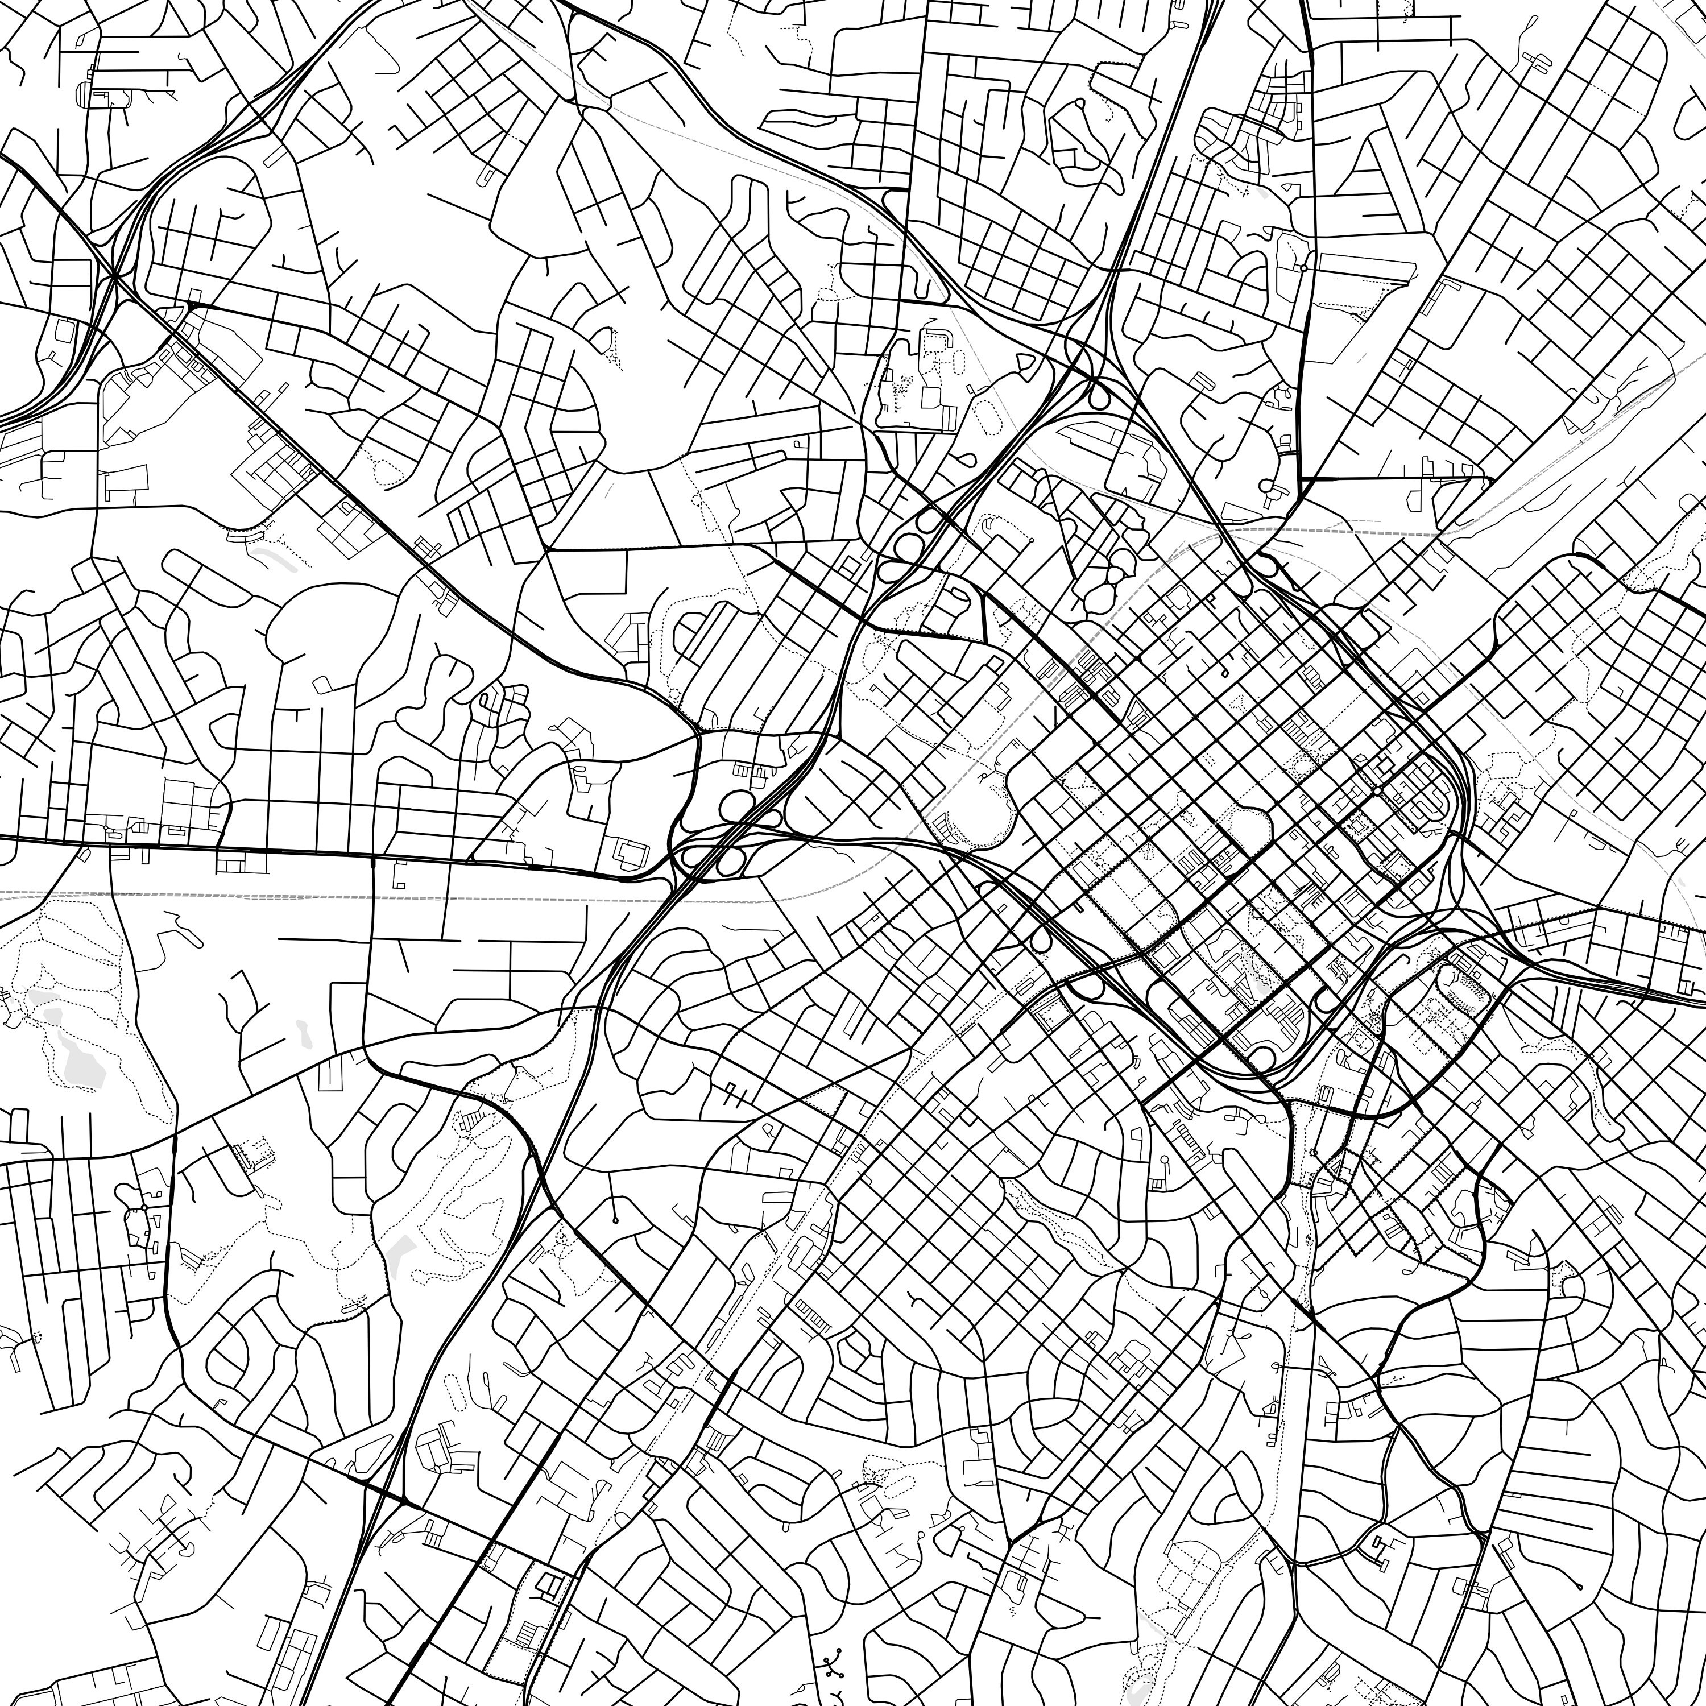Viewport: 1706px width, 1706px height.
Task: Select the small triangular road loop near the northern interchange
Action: (1024, 363)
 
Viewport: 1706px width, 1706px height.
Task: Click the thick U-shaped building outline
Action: (936, 340)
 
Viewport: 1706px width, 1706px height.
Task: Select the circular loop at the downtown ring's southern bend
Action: (1262, 1057)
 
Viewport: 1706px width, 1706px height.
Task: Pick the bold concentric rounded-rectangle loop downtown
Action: (1423, 795)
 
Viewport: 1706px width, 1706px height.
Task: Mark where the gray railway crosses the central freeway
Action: (671, 898)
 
